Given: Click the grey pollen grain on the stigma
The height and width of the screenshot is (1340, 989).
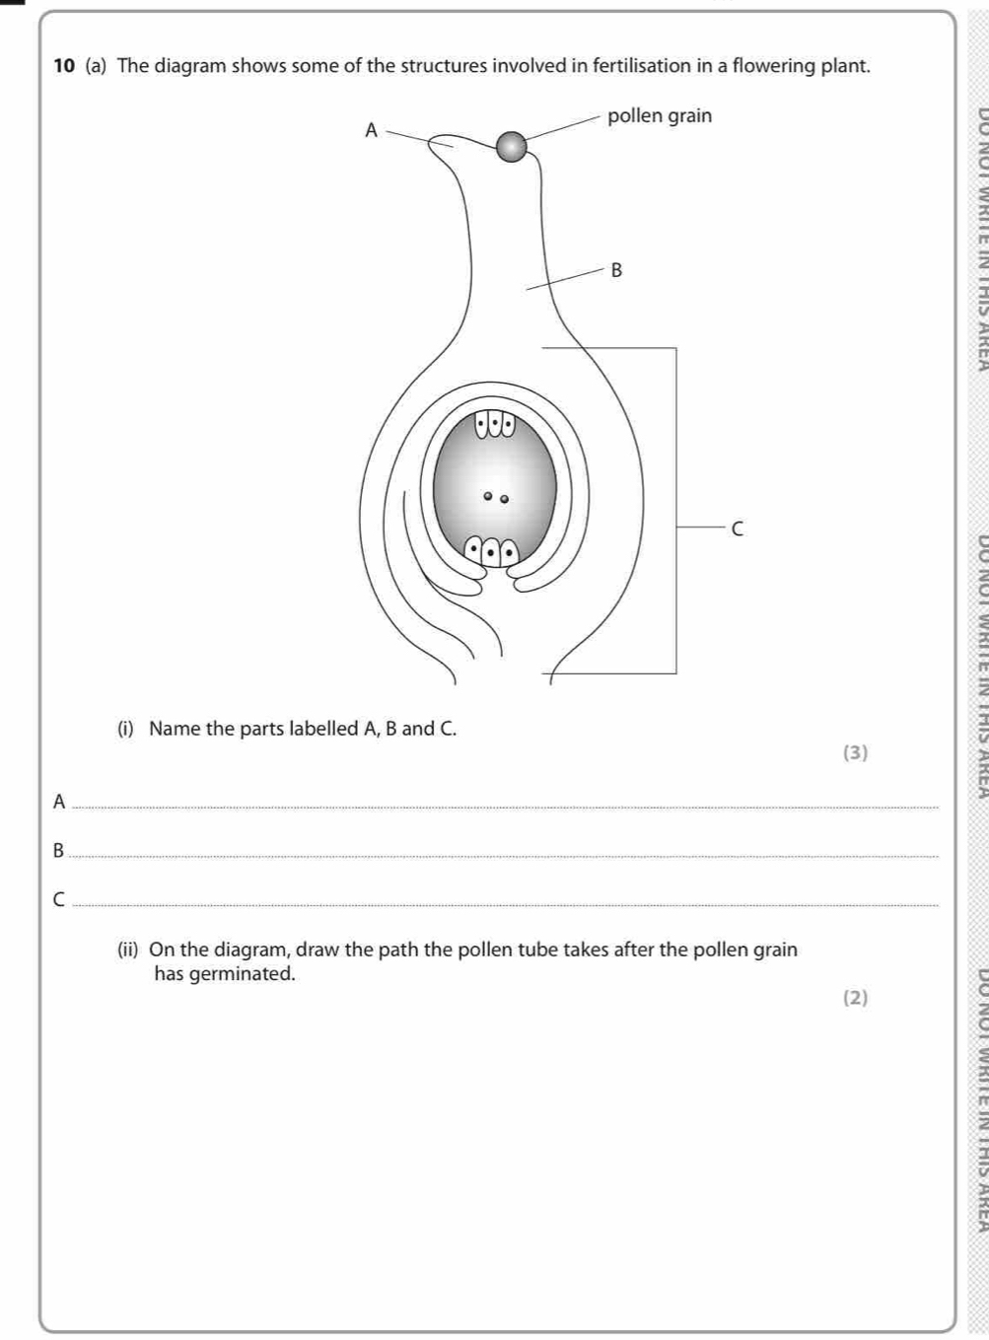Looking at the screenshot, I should (x=511, y=147).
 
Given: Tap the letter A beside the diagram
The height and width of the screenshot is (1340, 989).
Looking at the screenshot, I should (x=371, y=130).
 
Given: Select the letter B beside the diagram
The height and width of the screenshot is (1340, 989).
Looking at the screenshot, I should (x=617, y=269).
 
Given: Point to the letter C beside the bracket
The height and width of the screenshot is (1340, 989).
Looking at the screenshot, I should (x=737, y=529).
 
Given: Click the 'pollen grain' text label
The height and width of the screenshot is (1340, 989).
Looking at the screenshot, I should (x=660, y=115).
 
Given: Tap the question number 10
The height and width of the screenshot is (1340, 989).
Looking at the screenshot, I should (x=65, y=66).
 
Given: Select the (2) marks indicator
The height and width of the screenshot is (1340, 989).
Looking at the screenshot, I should (x=856, y=998).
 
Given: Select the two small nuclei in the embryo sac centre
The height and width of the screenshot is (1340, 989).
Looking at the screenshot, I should (x=494, y=497).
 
